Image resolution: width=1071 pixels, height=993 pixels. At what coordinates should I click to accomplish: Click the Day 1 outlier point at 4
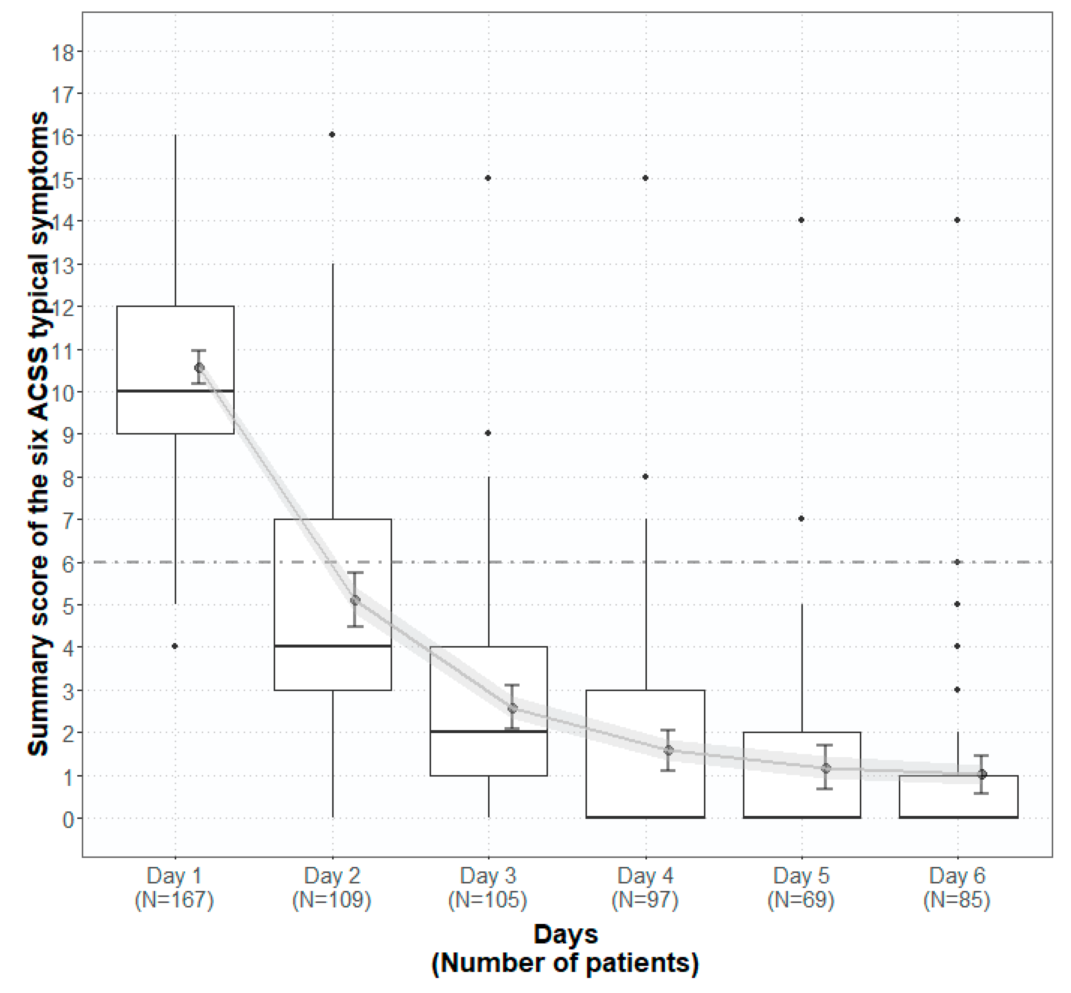[x=175, y=646]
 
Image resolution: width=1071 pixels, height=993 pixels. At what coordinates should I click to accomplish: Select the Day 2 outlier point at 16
[x=332, y=134]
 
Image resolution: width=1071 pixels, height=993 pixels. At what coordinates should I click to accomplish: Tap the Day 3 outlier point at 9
[x=488, y=433]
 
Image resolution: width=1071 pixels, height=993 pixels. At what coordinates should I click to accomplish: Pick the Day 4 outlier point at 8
[x=645, y=477]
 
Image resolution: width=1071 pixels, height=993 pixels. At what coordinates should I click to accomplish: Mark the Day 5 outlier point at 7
[x=801, y=519]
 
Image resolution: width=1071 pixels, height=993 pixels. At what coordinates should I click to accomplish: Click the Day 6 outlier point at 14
[x=957, y=220]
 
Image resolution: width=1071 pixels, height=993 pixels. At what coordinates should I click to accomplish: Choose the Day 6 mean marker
[x=982, y=774]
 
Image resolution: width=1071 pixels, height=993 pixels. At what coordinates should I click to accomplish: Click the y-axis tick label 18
[x=63, y=53]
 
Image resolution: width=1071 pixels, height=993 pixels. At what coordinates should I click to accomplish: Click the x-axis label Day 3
[x=488, y=876]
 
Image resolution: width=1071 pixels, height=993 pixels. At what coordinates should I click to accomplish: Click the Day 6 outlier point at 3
[x=957, y=689]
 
